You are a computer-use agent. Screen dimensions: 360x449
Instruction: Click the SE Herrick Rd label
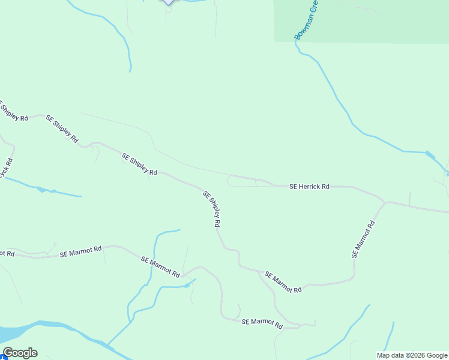(x=309, y=187)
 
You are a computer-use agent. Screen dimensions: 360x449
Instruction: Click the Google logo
(x=20, y=353)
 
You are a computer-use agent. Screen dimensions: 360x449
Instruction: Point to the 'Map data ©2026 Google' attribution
(x=412, y=355)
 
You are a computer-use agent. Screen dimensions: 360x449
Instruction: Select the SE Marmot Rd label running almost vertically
(x=363, y=239)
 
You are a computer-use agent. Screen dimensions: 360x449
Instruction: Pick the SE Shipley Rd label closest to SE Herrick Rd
(x=212, y=209)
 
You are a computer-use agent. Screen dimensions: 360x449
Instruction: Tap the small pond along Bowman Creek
(x=430, y=155)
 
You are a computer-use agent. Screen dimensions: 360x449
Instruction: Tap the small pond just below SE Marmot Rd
(x=188, y=285)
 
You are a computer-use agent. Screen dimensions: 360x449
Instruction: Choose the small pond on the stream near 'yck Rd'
(x=41, y=190)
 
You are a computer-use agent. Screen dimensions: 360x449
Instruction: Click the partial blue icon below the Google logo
(x=3, y=358)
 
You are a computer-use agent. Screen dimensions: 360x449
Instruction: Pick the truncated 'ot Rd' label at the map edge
(x=7, y=254)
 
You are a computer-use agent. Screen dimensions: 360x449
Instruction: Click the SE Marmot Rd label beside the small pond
(x=160, y=266)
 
